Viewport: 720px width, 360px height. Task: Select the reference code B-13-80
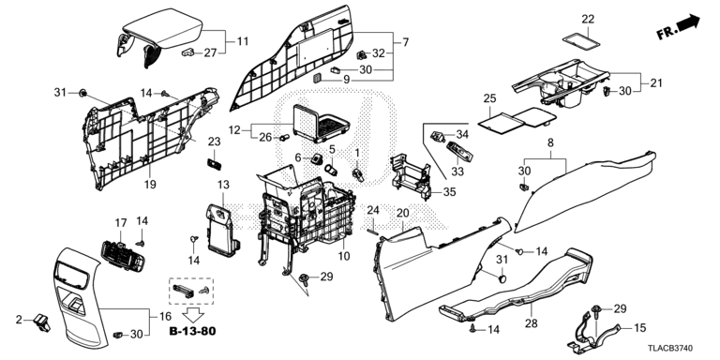[x=192, y=330]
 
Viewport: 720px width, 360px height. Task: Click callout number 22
[x=588, y=20]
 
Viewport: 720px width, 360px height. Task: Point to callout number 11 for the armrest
[x=243, y=41]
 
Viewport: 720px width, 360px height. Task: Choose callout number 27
[x=210, y=52]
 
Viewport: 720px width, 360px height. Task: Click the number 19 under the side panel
[x=150, y=185]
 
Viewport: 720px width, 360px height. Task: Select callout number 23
[x=215, y=142]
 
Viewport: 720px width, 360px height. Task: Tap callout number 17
[x=121, y=223]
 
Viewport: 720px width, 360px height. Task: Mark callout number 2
[x=19, y=320]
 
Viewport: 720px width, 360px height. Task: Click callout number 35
[x=449, y=192]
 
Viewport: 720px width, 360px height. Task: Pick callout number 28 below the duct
[x=531, y=323]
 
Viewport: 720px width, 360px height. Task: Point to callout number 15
[x=639, y=328]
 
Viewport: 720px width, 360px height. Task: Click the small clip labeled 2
[x=42, y=322]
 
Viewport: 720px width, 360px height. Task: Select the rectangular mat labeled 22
[x=581, y=40]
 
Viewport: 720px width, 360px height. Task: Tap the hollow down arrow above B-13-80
[x=194, y=315]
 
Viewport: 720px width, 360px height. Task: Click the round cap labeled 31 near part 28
[x=502, y=278]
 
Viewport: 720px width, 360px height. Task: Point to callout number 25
[x=490, y=98]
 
